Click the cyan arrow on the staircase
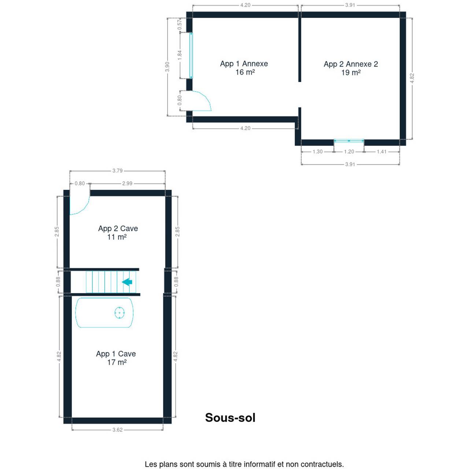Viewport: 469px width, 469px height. tap(127, 282)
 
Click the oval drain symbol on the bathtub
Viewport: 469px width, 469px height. tap(119, 313)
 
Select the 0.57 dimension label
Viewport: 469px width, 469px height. tap(180, 25)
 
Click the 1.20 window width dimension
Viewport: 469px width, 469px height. tap(349, 152)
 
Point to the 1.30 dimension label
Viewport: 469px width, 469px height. tap(317, 152)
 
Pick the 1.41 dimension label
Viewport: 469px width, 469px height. tap(381, 152)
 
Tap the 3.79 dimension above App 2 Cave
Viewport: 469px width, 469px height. tap(117, 171)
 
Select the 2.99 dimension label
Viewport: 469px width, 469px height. tap(127, 183)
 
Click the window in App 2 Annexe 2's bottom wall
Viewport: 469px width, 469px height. tap(349, 141)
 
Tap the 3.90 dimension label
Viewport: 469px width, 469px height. tap(167, 67)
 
